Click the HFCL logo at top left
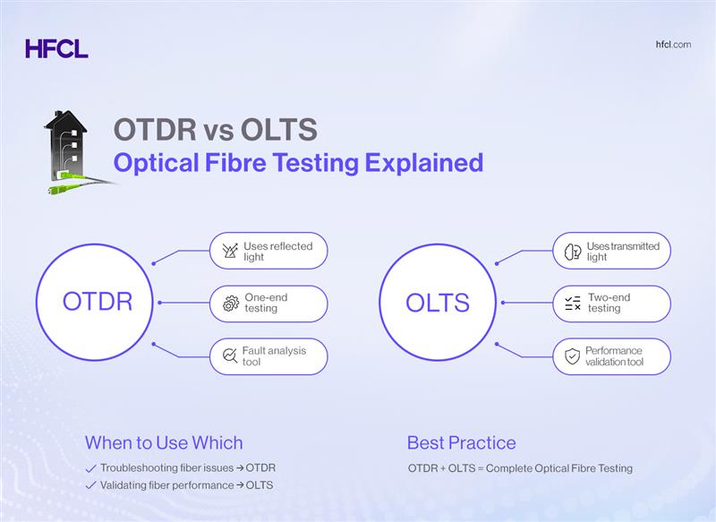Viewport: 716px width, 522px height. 56,48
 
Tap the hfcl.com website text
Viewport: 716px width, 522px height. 673,45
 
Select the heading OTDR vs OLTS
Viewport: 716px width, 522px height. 215,131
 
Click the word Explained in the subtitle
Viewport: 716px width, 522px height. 427,163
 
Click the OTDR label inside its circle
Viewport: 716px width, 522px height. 98,302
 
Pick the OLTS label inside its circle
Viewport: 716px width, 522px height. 438,302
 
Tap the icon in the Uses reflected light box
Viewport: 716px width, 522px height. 229,251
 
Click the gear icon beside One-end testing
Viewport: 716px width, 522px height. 229,304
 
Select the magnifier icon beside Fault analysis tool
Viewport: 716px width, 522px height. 227,356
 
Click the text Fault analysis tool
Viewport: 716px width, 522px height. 274,356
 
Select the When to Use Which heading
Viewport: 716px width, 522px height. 164,442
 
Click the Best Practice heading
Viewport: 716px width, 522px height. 461,442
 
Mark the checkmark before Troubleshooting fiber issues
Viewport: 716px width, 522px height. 90,468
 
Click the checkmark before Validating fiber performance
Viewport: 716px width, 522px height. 90,485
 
